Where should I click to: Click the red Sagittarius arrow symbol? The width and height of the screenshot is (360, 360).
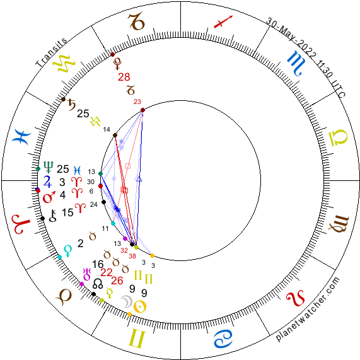point(223,22)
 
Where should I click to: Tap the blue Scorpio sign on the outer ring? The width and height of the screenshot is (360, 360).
point(296,64)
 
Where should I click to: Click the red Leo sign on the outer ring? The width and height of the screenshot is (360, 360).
point(296,298)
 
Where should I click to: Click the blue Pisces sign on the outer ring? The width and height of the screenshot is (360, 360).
point(23,137)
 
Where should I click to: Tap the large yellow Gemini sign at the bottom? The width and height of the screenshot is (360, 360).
point(137,339)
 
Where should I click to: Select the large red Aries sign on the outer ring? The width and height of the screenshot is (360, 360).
point(21,224)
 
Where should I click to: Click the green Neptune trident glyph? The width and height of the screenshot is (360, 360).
point(49,167)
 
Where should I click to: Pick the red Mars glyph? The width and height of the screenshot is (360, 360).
point(49,197)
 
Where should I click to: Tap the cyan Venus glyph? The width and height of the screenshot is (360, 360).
point(68,251)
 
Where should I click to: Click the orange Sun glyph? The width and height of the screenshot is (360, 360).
point(140,306)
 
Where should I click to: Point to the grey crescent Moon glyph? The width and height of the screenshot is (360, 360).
point(127,301)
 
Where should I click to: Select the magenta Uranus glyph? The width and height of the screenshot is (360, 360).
point(87,274)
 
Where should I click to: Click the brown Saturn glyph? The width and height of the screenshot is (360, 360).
point(72,105)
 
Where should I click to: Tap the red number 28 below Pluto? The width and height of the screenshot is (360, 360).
point(124,77)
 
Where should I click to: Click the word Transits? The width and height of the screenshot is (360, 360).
point(51,52)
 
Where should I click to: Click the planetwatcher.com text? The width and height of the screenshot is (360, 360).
point(307,309)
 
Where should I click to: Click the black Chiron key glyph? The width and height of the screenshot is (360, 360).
point(53,216)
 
